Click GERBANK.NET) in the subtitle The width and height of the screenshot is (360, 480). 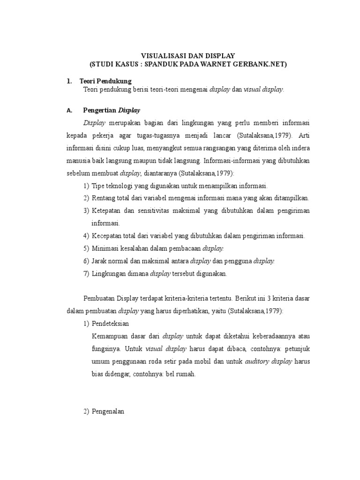[264, 63]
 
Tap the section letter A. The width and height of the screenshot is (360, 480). [69, 111]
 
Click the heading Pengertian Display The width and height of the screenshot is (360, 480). [111, 111]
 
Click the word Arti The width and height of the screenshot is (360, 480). [304, 135]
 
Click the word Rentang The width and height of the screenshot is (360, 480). [104, 199]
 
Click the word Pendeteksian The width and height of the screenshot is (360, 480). [110, 324]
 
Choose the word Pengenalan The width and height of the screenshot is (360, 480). [107, 412]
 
